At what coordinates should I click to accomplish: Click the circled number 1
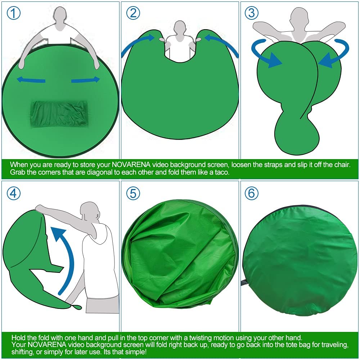[14, 13]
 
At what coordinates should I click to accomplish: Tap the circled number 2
[133, 13]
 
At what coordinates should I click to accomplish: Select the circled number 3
[251, 13]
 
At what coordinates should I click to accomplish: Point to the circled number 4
[14, 193]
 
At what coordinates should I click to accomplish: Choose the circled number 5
[133, 193]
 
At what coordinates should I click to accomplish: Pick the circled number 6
[251, 193]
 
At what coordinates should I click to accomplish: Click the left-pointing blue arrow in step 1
[31, 80]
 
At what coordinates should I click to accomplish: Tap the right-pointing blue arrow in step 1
[86, 80]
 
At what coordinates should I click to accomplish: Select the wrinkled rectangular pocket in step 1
[59, 113]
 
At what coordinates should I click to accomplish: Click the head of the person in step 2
[180, 28]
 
